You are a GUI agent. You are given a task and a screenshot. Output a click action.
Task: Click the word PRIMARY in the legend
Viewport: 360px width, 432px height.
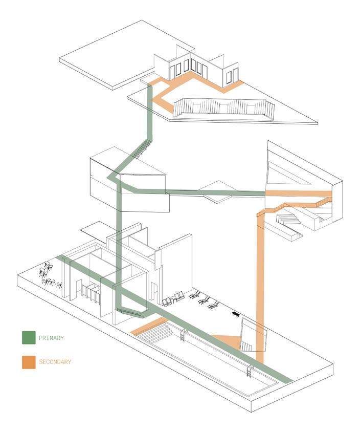pyautogui.click(x=51, y=338)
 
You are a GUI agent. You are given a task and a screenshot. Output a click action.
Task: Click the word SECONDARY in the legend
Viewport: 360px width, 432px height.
pyautogui.click(x=55, y=362)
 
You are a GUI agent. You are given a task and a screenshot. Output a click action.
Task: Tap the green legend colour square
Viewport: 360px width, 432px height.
pyautogui.click(x=29, y=338)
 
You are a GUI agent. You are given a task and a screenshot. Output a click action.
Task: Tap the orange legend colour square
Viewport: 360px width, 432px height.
pyautogui.click(x=29, y=362)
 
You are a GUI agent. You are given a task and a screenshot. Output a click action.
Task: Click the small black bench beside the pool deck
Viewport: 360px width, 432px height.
pyautogui.click(x=236, y=313)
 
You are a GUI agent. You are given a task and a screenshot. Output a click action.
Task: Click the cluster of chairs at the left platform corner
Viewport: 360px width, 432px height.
pyautogui.click(x=49, y=275)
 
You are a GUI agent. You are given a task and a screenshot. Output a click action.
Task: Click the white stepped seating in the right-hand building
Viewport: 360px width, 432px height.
pyautogui.click(x=289, y=220)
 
